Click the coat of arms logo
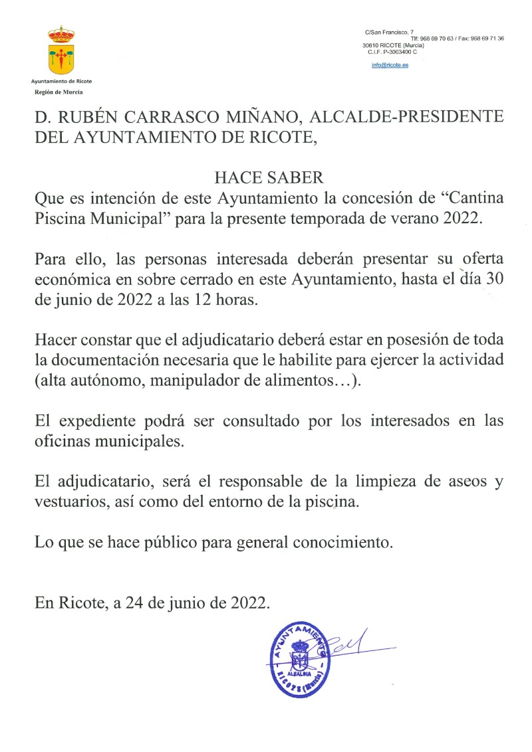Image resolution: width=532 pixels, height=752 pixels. click(61, 50)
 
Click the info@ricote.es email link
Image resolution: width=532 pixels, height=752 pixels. click(390, 65)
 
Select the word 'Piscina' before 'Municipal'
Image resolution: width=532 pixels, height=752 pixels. click(59, 220)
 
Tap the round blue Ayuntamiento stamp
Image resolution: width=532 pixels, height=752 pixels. click(299, 662)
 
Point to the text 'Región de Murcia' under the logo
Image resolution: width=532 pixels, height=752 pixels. click(59, 92)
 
